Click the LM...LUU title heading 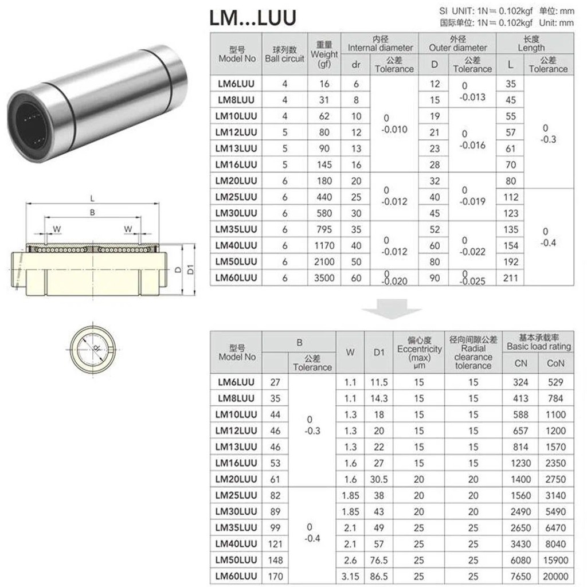[253, 18]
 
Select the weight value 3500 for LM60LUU [324, 278]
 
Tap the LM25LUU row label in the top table [236, 197]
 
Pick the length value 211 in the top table [511, 278]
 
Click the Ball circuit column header [284, 54]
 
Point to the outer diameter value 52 [435, 229]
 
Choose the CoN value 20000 [555, 576]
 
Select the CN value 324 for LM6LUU [521, 382]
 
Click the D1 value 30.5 [379, 479]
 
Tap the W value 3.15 [350, 576]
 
